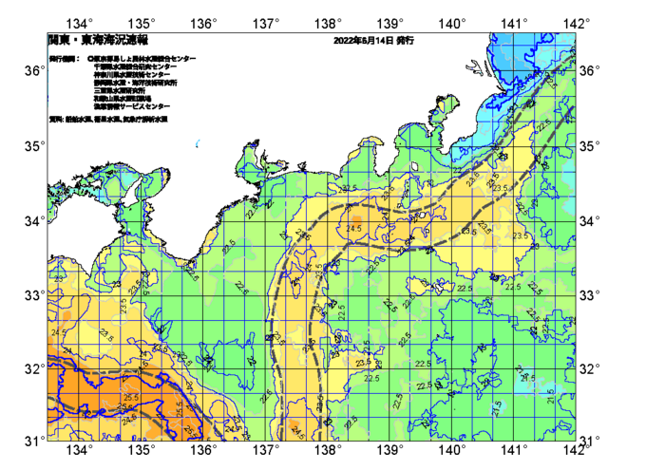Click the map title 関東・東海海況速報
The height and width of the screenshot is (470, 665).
(x=97, y=41)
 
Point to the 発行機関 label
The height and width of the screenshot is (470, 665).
(x=64, y=59)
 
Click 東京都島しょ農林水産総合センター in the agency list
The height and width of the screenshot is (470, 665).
(x=142, y=59)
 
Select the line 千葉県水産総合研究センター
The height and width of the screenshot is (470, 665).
(x=132, y=66)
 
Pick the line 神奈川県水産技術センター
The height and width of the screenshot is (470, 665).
(x=132, y=74)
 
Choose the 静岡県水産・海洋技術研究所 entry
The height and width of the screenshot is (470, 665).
(x=138, y=83)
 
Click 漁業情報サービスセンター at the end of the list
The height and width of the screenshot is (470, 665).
(x=132, y=105)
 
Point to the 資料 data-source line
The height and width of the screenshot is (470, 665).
(x=108, y=120)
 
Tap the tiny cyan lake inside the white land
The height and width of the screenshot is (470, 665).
(x=196, y=143)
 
